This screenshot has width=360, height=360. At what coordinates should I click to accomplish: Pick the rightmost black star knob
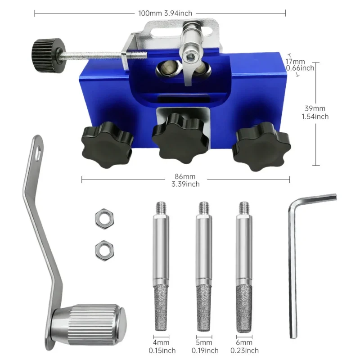(x=259, y=147)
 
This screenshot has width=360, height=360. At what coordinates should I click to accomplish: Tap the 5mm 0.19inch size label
(x=203, y=347)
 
